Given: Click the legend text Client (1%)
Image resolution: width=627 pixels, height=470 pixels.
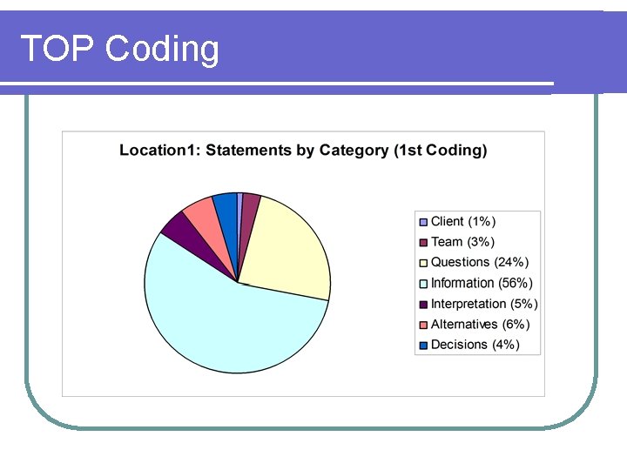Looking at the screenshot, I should pos(463,222).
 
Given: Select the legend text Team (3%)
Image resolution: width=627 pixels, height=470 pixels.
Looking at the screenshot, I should pos(462,242).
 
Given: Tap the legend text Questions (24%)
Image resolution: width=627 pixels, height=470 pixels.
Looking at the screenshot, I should pos(480,262).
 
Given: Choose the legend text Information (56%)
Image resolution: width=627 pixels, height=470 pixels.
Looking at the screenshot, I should pos(482,283).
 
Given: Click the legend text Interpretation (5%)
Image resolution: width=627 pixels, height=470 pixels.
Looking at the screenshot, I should pos(484,304).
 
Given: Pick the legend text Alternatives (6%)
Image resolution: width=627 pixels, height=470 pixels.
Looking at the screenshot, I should pos(480,324).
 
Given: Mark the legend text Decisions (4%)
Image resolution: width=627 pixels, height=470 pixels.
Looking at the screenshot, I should pos(475,345).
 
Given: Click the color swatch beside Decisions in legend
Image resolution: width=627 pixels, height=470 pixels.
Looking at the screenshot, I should pos(424,345).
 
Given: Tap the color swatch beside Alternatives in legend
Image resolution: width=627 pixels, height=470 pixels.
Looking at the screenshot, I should pos(424,325).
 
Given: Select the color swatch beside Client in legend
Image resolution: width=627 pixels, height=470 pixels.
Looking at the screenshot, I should pos(424,222).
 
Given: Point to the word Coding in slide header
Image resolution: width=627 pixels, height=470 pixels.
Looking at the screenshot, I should pos(162,50).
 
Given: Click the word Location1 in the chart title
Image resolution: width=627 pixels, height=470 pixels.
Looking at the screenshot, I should pos(158,151).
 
